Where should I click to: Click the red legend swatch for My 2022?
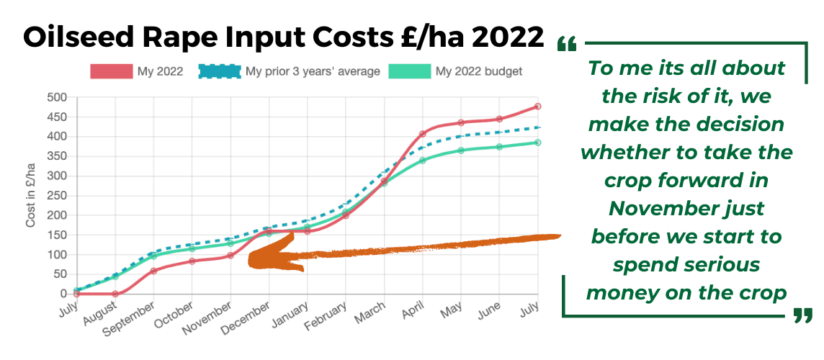point(111,71)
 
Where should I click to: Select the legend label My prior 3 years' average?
point(313,71)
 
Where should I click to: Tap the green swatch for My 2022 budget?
point(409,71)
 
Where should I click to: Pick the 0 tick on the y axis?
point(63,294)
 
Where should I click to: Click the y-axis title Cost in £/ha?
point(31,195)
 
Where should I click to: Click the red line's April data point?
point(422,135)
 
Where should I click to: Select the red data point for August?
point(115,294)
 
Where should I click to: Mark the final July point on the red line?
point(538,107)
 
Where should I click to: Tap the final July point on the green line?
point(538,143)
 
